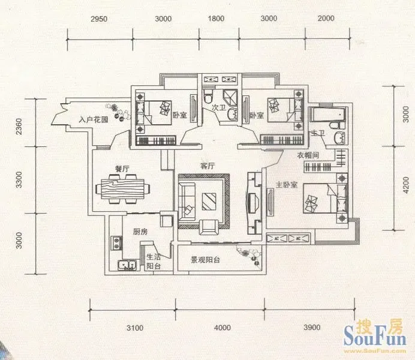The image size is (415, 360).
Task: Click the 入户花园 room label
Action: tap(94, 119)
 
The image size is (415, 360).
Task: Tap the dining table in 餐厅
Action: tap(122, 189)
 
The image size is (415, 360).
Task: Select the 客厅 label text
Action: tap(207, 166)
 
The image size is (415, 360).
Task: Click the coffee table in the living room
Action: tap(209, 202)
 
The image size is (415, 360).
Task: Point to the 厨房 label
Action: tap(140, 232)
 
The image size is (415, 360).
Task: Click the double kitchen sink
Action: tap(127, 265)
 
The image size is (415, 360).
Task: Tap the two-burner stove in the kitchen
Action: tap(116, 243)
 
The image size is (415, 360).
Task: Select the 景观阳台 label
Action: tap(205, 260)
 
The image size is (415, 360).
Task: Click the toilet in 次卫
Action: tap(208, 97)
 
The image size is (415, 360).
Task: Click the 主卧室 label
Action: tap(287, 185)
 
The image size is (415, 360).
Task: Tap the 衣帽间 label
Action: tap(308, 155)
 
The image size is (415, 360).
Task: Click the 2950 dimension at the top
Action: tap(99, 19)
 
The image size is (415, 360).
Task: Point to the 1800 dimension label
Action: tap(216, 19)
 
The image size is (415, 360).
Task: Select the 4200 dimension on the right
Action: tap(405, 185)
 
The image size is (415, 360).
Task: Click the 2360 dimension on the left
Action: tap(19, 126)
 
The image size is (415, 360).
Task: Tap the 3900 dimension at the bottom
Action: tap(312, 328)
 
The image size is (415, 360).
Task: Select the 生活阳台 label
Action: tap(154, 261)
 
